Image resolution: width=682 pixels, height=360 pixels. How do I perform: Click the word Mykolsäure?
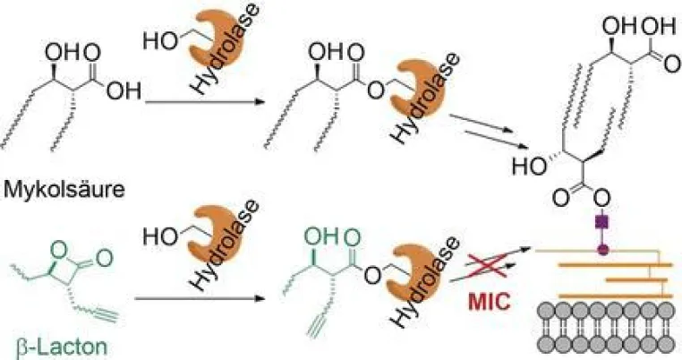pyautogui.click(x=64, y=191)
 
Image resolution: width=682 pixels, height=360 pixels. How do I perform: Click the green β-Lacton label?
pyautogui.click(x=61, y=347)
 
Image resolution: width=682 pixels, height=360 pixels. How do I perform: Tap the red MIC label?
pyautogui.click(x=490, y=301)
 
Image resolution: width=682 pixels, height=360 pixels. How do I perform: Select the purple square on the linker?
pyautogui.click(x=603, y=223)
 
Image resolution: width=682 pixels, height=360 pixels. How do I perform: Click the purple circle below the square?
pyautogui.click(x=603, y=250)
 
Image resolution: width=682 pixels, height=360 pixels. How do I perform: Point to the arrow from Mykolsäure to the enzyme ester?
pyautogui.click(x=205, y=103)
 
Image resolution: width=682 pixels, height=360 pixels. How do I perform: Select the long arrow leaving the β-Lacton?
pyautogui.click(x=200, y=299)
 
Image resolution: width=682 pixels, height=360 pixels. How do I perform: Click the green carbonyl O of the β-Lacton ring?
pyautogui.click(x=104, y=259)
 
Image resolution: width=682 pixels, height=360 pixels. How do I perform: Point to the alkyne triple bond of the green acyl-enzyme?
pyautogui.click(x=316, y=326)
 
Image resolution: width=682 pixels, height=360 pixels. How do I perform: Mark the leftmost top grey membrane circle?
pyautogui.click(x=547, y=312)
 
